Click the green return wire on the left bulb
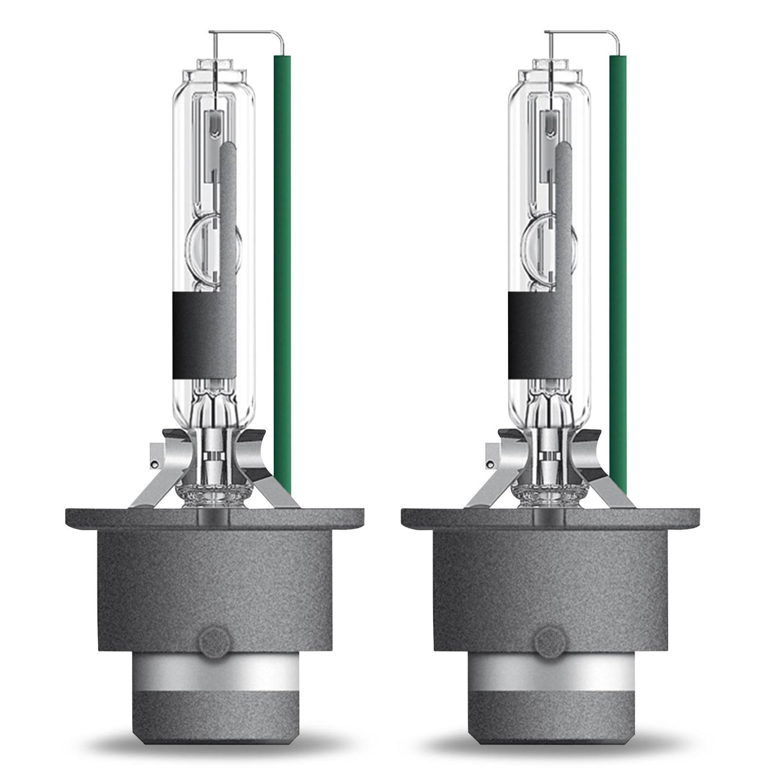pyautogui.click(x=282, y=269)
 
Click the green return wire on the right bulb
pyautogui.click(x=618, y=269)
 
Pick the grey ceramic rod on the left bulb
pyautogui.click(x=228, y=215)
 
